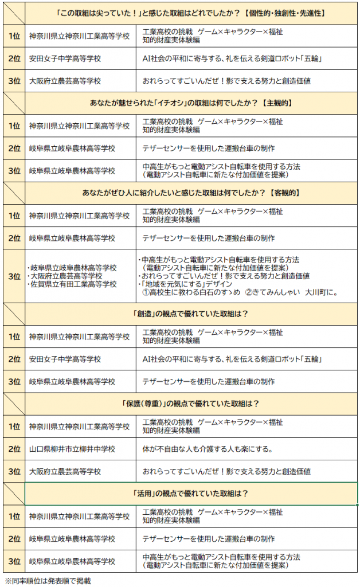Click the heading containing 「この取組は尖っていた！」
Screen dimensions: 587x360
[x=191, y=13]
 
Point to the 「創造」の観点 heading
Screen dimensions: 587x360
[x=191, y=314]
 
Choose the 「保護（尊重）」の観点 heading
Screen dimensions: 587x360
[x=191, y=404]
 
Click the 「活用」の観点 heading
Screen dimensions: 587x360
[x=191, y=494]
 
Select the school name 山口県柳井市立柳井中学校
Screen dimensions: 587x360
[x=80, y=449]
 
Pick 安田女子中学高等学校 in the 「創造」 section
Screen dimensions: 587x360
[x=65, y=359]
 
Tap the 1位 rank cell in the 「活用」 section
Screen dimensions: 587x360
[x=14, y=516]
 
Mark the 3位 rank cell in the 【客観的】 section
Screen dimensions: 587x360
[x=14, y=276]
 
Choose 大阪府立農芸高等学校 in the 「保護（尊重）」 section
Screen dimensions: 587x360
[x=65, y=471]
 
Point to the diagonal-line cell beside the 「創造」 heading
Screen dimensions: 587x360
[x=14, y=314]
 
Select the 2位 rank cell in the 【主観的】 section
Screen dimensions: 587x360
[x=14, y=148]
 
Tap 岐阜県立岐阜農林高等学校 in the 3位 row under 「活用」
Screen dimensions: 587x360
[x=72, y=561]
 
